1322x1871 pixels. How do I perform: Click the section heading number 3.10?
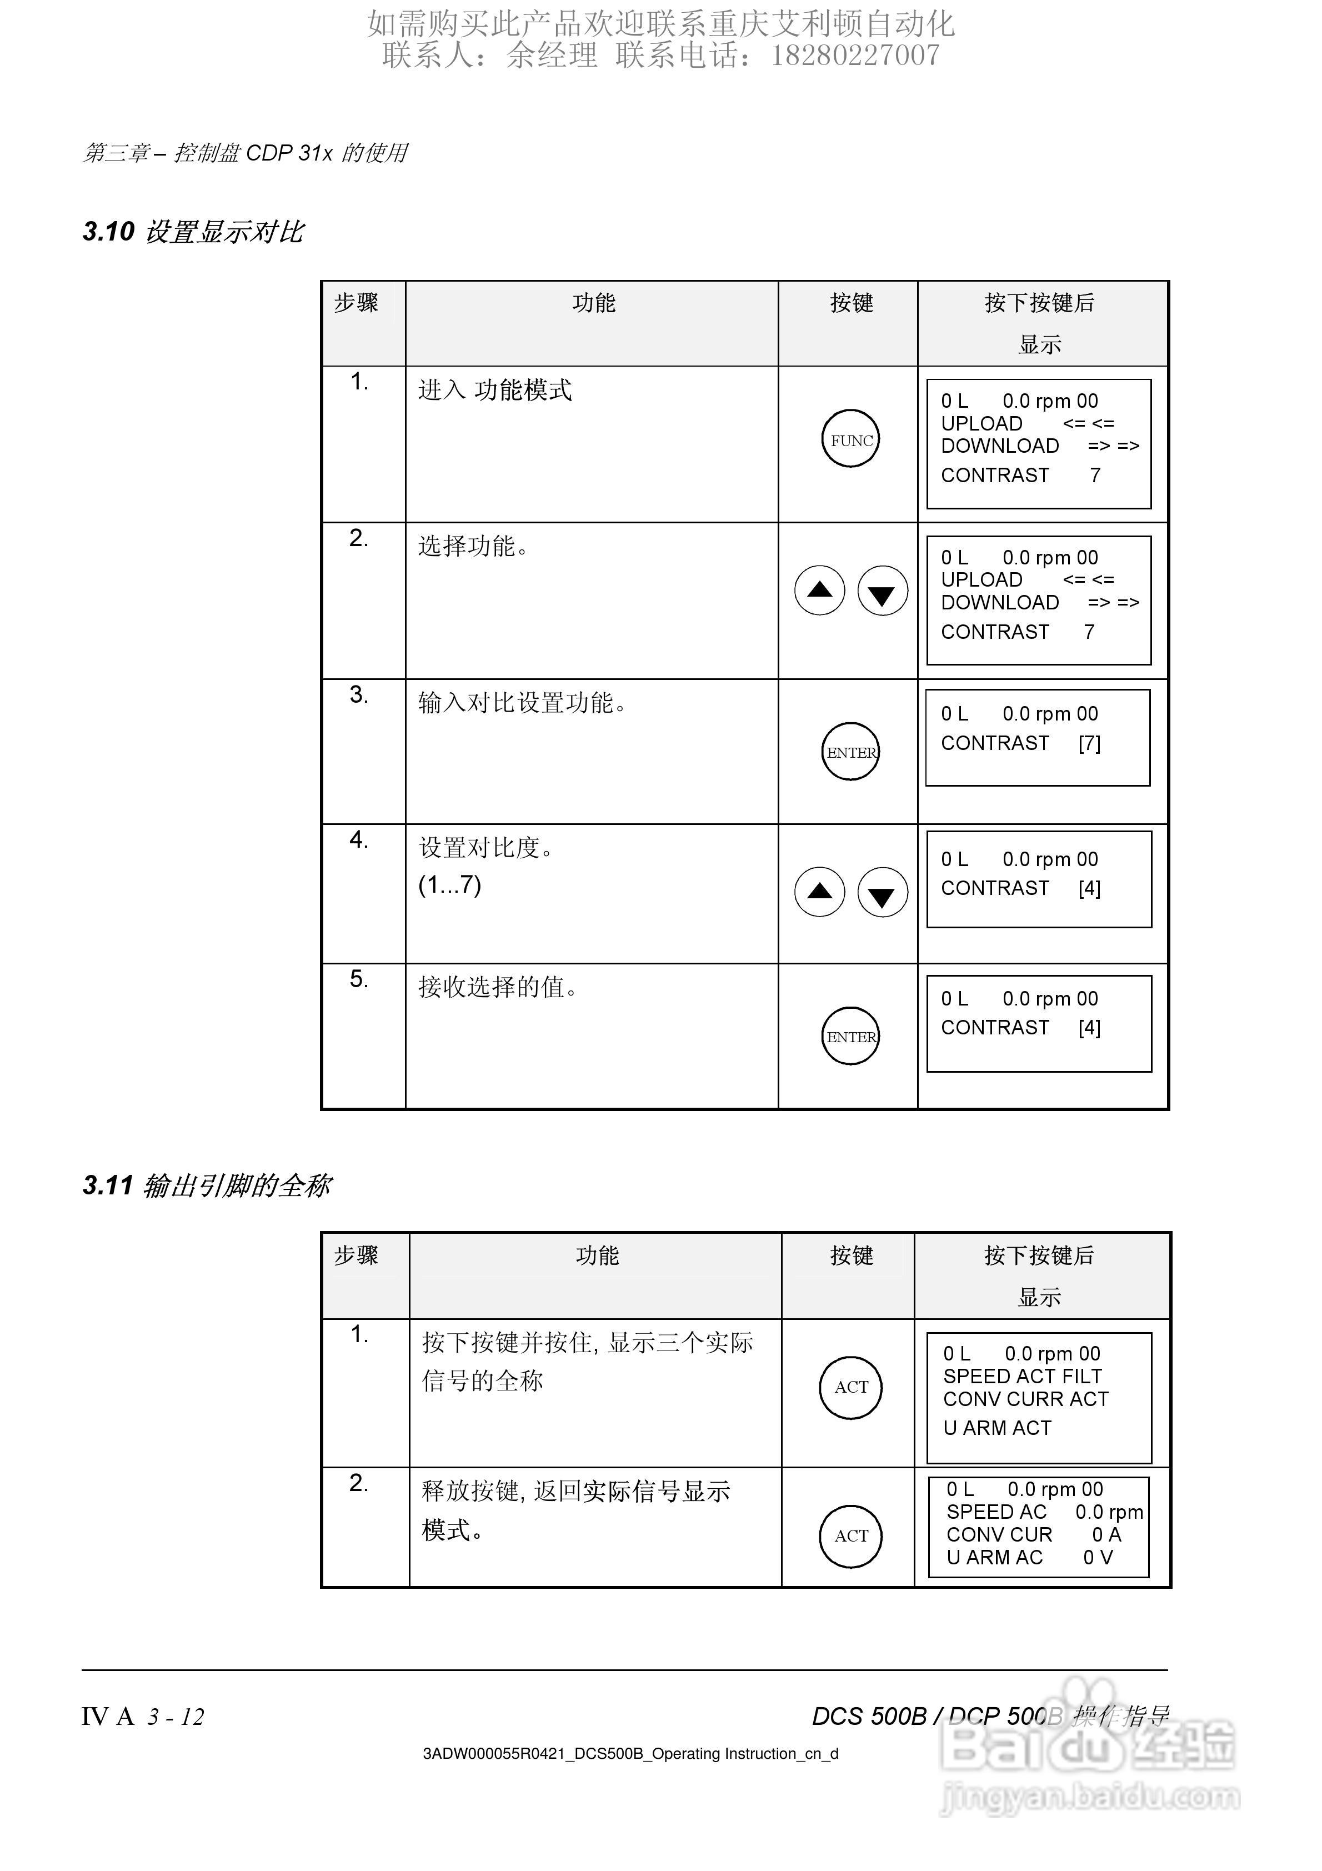(x=108, y=232)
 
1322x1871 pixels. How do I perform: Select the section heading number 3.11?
(x=108, y=1185)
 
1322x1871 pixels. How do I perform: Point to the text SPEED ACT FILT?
(x=1022, y=1377)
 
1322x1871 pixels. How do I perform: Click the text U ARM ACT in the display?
(x=997, y=1428)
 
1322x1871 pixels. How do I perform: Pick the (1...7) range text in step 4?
(x=450, y=884)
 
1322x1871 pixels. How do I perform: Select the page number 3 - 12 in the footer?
(x=175, y=1717)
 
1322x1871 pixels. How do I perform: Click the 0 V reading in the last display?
(x=1097, y=1557)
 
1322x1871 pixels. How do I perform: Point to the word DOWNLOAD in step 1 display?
(x=1000, y=446)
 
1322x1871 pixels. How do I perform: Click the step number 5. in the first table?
(x=359, y=979)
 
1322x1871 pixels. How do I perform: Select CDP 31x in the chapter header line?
(x=289, y=152)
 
